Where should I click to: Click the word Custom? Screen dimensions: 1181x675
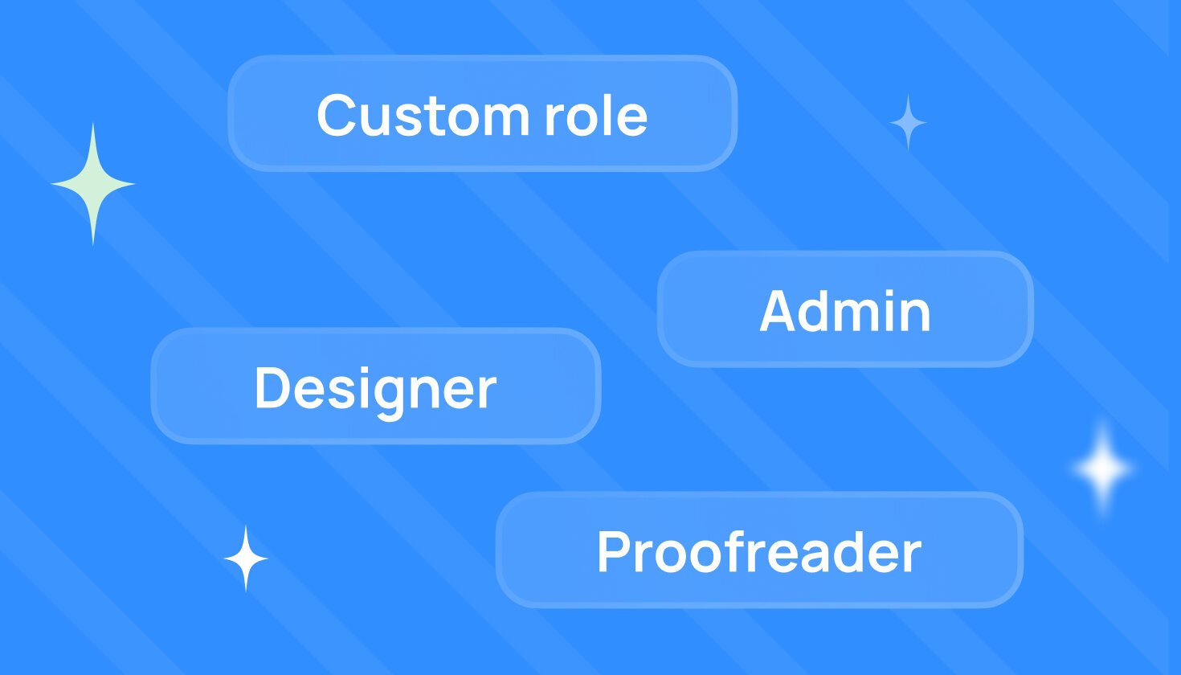pyautogui.click(x=423, y=114)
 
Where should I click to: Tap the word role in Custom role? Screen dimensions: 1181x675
pyautogui.click(x=596, y=114)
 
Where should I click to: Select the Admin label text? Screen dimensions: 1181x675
pyautogui.click(x=844, y=310)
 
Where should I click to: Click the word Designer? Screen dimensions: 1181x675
pyautogui.click(x=375, y=391)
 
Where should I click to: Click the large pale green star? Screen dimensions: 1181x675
pyautogui.click(x=93, y=184)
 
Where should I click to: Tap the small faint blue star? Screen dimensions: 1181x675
pyautogui.click(x=907, y=122)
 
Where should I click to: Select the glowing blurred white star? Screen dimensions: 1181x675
pyautogui.click(x=1102, y=468)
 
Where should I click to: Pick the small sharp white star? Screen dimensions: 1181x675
pyautogui.click(x=246, y=558)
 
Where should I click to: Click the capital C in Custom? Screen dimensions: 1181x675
pyautogui.click(x=336, y=115)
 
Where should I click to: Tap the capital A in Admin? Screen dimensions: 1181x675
pyautogui.click(x=780, y=311)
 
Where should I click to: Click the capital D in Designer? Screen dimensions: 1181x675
pyautogui.click(x=273, y=387)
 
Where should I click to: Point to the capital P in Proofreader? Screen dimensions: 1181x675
pyautogui.click(x=615, y=551)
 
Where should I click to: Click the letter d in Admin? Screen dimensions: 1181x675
pyautogui.click(x=823, y=310)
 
